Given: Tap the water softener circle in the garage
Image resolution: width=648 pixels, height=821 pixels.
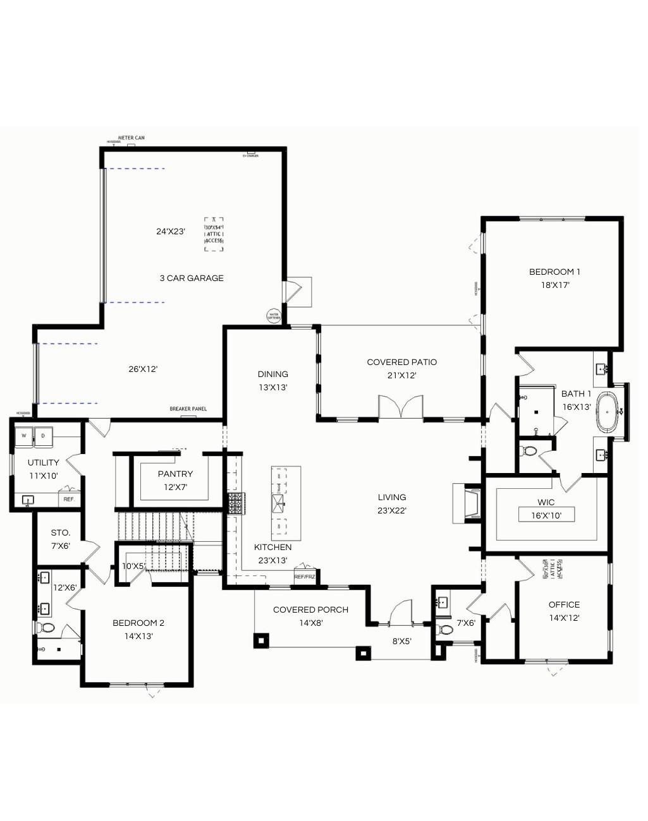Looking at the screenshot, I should point(274,316).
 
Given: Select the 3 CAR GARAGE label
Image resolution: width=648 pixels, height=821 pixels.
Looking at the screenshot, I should point(192,278).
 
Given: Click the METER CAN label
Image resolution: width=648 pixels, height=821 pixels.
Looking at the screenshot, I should point(131,138).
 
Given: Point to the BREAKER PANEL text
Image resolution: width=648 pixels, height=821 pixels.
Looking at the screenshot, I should point(188,409).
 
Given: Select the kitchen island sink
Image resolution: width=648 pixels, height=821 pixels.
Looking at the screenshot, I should point(278,503).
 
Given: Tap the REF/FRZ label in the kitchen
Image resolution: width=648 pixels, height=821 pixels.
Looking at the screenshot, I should point(305,577).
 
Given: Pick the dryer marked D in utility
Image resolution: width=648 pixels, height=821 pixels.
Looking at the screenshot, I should point(43,435).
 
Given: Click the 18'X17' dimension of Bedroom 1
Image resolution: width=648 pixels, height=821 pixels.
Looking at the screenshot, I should point(555,285).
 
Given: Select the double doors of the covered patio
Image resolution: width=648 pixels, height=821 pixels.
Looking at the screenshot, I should point(401,407).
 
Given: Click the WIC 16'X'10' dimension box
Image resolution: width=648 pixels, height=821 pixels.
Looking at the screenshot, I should point(546,515).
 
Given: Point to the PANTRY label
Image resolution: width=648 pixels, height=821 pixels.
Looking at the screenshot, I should point(175,474).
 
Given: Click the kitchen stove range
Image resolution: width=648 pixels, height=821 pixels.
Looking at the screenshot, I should point(236,503).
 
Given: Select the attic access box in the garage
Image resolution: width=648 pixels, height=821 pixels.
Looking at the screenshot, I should point(214,234).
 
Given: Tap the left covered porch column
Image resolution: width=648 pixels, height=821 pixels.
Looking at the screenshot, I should point(260,640).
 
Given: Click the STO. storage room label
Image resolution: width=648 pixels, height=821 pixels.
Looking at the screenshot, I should point(61,533).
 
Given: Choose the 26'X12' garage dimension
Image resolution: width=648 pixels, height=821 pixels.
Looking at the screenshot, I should point(143,369).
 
